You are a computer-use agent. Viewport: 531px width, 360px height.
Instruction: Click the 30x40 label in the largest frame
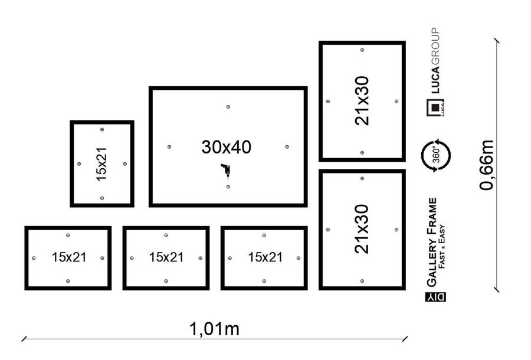click(227, 147)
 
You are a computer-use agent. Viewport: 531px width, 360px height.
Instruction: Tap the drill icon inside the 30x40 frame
click(225, 171)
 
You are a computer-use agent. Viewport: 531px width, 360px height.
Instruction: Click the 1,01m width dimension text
click(214, 329)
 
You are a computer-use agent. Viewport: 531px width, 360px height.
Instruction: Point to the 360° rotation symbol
click(436, 156)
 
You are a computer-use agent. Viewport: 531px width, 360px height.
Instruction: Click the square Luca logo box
click(435, 108)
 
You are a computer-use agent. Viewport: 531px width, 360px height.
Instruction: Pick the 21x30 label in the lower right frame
click(362, 229)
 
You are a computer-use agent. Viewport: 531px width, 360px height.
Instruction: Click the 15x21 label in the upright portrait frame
click(102, 163)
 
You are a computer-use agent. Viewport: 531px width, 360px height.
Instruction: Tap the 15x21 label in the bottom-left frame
click(68, 258)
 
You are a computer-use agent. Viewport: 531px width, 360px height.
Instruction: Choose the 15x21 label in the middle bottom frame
click(166, 258)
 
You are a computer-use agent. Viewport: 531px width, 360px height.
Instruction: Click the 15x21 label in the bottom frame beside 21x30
click(265, 258)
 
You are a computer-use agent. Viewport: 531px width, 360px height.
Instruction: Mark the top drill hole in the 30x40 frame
click(228, 107)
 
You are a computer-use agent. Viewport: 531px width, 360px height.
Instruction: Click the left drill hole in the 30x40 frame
click(169, 147)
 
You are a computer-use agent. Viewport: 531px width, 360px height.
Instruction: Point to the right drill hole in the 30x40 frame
click(287, 147)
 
